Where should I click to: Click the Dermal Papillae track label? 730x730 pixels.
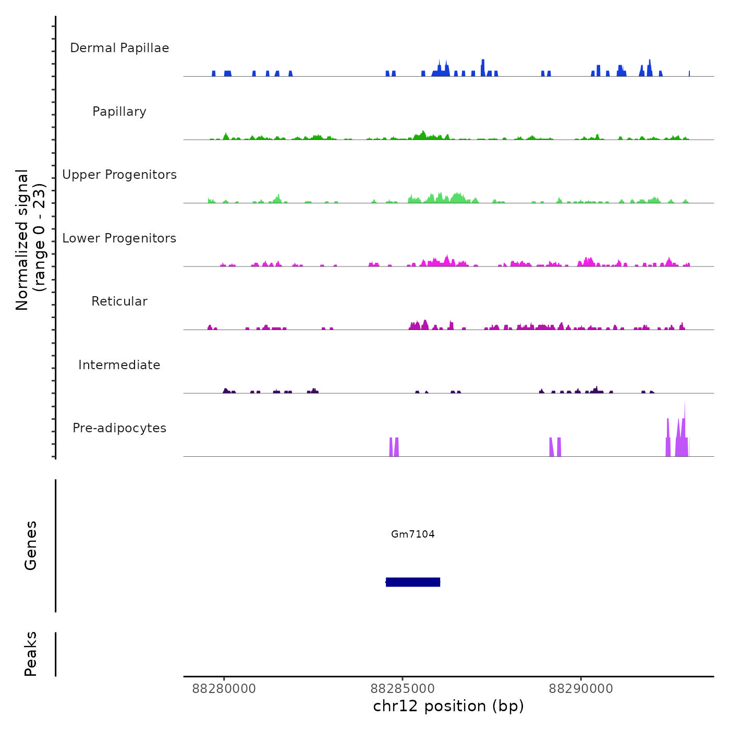pyautogui.click(x=119, y=48)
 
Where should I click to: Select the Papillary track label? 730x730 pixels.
pyautogui.click(x=119, y=112)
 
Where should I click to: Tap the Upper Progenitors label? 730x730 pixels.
pyautogui.click(x=119, y=175)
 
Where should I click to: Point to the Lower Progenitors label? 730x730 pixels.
pyautogui.click(x=119, y=238)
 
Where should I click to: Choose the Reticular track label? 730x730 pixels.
pyautogui.click(x=119, y=301)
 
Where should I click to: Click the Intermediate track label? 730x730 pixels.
pyautogui.click(x=119, y=365)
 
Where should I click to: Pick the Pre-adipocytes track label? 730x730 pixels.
pyautogui.click(x=119, y=428)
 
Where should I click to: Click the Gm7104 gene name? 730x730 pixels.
pyautogui.click(x=413, y=534)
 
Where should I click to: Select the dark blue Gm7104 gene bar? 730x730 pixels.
pyautogui.click(x=413, y=582)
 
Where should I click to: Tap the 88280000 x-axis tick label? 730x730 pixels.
pyautogui.click(x=224, y=689)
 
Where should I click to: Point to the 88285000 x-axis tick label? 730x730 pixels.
pyautogui.click(x=403, y=689)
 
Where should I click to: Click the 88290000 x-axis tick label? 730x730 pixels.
pyautogui.click(x=581, y=689)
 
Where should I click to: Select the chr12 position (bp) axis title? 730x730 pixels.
pyautogui.click(x=448, y=706)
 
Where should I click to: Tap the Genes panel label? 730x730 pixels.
pyautogui.click(x=31, y=545)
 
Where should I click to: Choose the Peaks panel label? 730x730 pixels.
pyautogui.click(x=31, y=654)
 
